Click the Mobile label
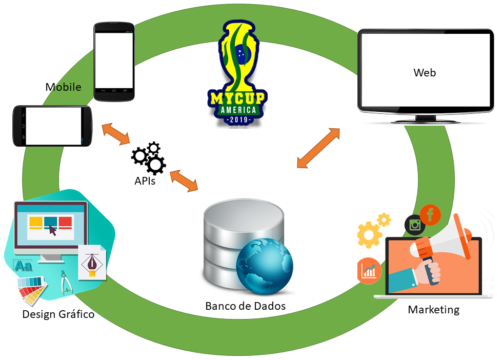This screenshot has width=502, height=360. click(x=63, y=87)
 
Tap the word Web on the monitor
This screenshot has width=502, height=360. click(x=425, y=73)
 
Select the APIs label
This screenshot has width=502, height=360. click(x=145, y=181)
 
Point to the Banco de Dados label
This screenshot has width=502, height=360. click(x=245, y=306)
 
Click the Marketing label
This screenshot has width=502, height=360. click(x=433, y=310)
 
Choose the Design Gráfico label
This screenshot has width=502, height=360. click(x=58, y=314)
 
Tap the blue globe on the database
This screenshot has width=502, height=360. click(x=265, y=266)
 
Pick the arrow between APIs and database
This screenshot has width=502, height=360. click(x=184, y=181)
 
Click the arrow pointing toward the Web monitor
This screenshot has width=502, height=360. click(x=318, y=148)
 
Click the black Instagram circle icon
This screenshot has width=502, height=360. click(x=414, y=225)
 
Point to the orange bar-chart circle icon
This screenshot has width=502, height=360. click(x=369, y=270)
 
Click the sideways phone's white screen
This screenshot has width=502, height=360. click(x=53, y=126)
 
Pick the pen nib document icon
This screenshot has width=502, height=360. click(x=92, y=263)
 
